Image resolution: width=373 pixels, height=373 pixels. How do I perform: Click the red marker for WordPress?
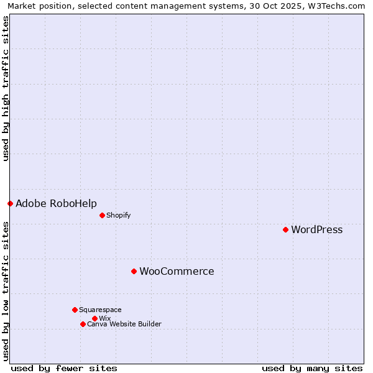pos(285,229)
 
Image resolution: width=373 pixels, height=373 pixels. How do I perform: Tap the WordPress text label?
pos(316,230)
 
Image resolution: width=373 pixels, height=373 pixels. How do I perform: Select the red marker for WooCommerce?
pos(134,271)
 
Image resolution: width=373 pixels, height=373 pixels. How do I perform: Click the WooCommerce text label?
pos(177,272)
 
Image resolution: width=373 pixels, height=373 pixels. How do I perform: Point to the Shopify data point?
pos(102,215)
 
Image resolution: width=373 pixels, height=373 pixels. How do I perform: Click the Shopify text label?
pos(118,216)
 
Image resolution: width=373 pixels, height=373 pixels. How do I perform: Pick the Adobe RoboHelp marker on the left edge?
pos(10,203)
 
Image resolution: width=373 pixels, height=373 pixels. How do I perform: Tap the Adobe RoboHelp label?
pos(56,204)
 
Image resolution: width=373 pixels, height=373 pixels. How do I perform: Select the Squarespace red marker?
pos(75,310)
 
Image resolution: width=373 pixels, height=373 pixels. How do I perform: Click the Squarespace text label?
pos(100,310)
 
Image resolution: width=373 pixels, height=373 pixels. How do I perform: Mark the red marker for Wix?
pos(94,318)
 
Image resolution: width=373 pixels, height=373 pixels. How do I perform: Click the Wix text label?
pos(104,318)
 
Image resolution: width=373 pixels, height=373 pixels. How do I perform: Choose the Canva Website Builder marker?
pos(83,324)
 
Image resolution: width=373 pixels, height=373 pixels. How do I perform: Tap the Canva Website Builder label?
pos(124,324)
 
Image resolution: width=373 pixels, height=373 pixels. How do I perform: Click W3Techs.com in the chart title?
pos(336,6)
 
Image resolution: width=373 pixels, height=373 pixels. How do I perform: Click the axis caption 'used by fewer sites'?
pos(64,369)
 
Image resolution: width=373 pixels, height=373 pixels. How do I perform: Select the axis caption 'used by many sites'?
pos(312,369)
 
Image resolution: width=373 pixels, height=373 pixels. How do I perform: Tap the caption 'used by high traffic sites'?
pos(6,89)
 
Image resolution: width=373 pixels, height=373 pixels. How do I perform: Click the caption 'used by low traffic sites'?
pos(6,291)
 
